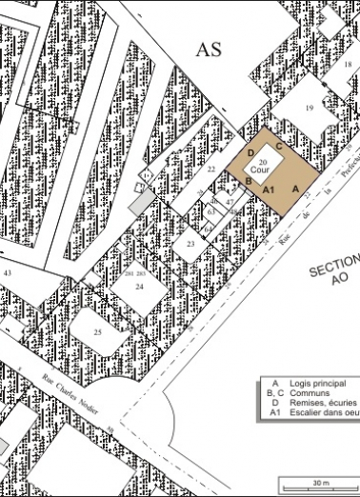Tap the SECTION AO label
click(335, 269)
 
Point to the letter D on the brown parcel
click(250, 152)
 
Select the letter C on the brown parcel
click(279, 147)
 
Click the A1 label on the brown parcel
click(270, 189)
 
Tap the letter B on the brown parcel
click(248, 180)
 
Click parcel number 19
click(309, 109)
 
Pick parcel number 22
click(211, 169)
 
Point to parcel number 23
click(190, 245)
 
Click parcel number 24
click(139, 285)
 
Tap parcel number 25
click(97, 331)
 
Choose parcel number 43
click(7, 273)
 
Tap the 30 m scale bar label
click(319, 483)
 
